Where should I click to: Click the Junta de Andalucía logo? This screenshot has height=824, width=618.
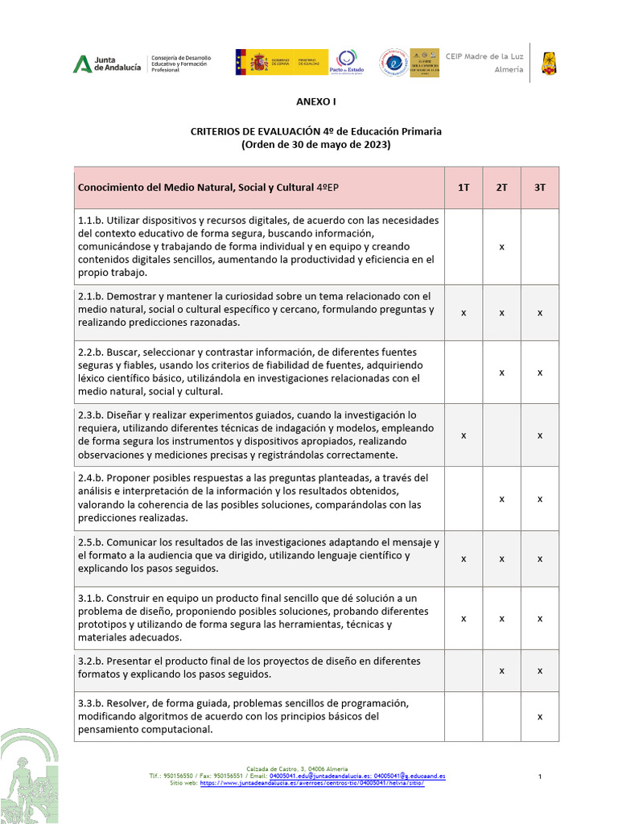coord(107,64)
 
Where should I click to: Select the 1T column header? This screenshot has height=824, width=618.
coord(463,187)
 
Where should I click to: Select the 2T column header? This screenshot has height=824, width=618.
coord(501,187)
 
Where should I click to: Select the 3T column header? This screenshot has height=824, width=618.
coord(540,187)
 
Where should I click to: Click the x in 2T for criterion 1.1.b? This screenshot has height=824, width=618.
coord(501,246)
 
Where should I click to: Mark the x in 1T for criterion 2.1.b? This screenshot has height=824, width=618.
coord(463,312)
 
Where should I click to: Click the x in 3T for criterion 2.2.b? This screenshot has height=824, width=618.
coord(540,372)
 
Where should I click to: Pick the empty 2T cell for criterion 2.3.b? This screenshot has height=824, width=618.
coord(501,435)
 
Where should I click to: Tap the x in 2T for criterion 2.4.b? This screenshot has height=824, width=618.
coord(501,499)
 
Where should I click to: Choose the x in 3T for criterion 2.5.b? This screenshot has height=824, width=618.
coord(540,558)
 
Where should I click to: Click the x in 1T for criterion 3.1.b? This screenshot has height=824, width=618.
coord(463,618)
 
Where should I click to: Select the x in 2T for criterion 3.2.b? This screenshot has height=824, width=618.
coord(501,669)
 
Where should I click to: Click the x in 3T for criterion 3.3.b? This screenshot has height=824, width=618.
coord(540,715)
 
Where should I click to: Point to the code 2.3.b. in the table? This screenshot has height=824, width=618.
coord(90,415)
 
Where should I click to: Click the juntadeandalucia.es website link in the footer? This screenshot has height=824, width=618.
coord(311,783)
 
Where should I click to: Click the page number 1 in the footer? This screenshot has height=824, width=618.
coord(540,776)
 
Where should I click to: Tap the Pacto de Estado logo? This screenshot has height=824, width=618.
coord(347,62)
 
